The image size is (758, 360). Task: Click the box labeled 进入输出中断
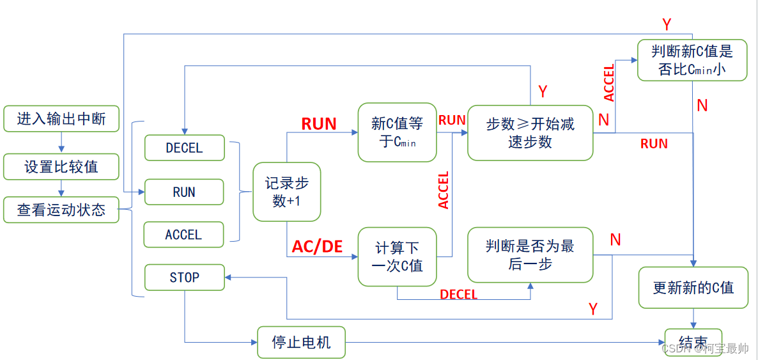click(x=61, y=119)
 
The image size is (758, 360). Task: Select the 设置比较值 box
click(x=61, y=167)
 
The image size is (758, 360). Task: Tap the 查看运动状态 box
click(x=61, y=210)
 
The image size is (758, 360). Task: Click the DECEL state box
click(x=184, y=148)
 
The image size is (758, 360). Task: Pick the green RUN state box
click(x=184, y=192)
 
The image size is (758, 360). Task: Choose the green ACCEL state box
click(x=184, y=235)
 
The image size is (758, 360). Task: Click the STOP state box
click(x=184, y=278)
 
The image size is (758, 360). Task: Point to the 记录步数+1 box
click(x=286, y=192)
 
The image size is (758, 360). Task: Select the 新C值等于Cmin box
click(x=397, y=132)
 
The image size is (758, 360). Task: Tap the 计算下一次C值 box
click(x=397, y=256)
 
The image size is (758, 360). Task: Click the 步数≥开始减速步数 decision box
click(x=530, y=132)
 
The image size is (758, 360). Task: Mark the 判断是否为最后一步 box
click(x=530, y=254)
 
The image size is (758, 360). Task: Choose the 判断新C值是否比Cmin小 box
click(x=692, y=60)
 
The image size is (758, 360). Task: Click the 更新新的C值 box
click(x=693, y=288)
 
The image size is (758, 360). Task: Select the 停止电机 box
click(x=301, y=342)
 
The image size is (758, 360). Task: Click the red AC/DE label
click(x=318, y=246)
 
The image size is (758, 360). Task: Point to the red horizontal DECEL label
click(x=458, y=294)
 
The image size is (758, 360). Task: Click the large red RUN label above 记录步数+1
click(x=319, y=123)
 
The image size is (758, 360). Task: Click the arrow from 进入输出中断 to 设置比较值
click(x=61, y=143)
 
